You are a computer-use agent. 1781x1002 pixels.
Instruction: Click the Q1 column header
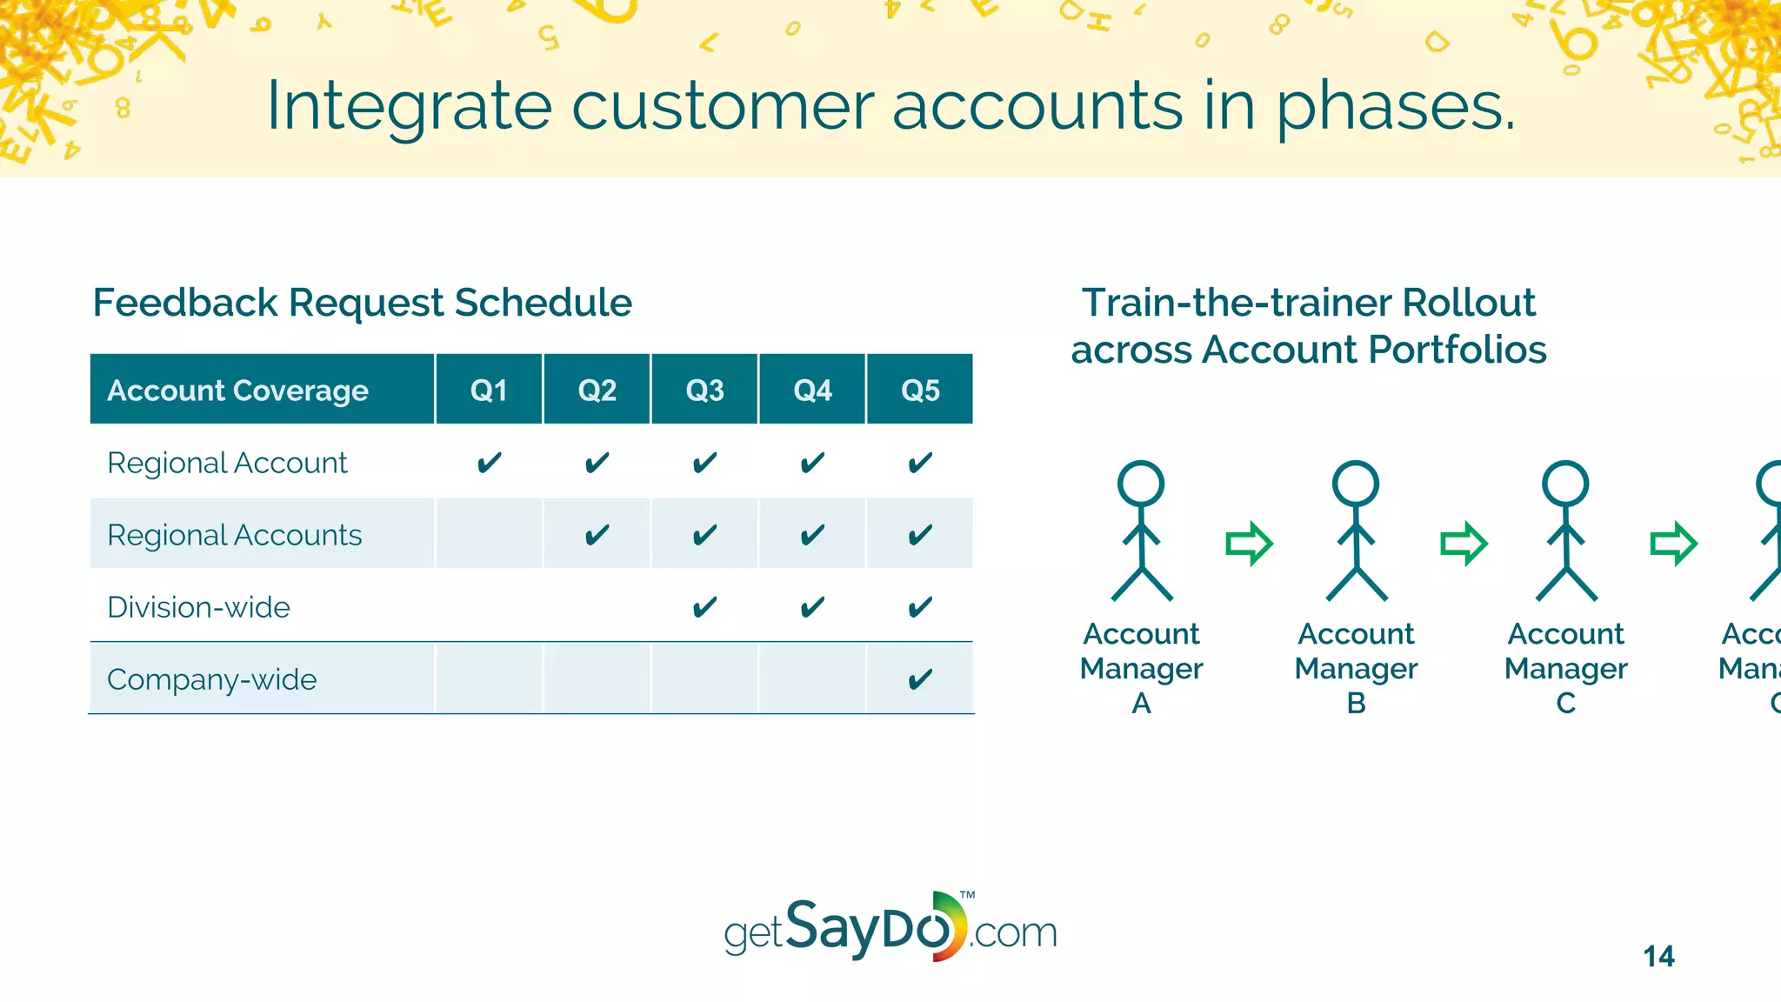click(489, 390)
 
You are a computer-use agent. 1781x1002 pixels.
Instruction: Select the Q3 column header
click(704, 390)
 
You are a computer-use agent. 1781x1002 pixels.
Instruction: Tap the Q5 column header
click(920, 390)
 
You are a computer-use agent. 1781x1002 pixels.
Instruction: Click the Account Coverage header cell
click(237, 391)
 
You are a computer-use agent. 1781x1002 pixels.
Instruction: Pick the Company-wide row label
click(211, 679)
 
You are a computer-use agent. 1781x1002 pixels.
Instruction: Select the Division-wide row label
click(198, 607)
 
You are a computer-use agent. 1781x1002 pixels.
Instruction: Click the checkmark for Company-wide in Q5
click(920, 679)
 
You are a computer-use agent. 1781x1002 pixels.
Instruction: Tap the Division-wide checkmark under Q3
click(704, 607)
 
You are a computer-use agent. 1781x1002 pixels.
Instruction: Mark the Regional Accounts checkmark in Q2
click(597, 535)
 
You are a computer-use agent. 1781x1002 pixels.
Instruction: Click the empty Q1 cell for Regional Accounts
click(489, 534)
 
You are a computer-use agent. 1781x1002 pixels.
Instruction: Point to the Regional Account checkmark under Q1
click(489, 463)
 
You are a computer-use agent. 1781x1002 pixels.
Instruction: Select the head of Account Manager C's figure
click(1565, 484)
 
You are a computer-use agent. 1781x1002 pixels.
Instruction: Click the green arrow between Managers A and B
click(1249, 544)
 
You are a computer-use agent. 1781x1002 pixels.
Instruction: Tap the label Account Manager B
click(1356, 667)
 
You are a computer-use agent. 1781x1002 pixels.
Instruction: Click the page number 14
click(1658, 956)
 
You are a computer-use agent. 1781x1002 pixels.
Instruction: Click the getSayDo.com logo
click(890, 929)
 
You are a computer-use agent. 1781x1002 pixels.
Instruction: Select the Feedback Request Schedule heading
click(362, 303)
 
